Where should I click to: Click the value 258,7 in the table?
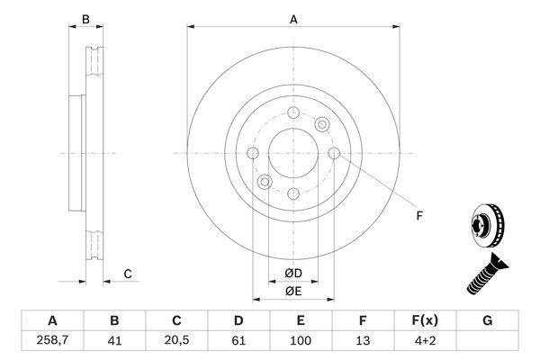tap(52, 340)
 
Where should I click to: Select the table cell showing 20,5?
tap(176, 340)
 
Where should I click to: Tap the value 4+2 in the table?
tap(425, 340)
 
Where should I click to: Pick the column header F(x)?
tap(425, 320)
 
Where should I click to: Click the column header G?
tap(487, 320)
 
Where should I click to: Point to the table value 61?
tap(238, 340)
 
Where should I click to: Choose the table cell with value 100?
tap(301, 340)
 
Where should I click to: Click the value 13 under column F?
tap(363, 340)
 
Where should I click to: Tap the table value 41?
tap(114, 340)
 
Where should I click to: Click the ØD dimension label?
tap(293, 274)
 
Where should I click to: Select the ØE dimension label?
tap(293, 292)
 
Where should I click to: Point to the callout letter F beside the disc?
tap(419, 216)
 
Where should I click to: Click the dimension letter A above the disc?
tap(293, 19)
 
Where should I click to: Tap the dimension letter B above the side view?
tap(85, 19)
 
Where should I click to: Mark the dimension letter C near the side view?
tap(128, 274)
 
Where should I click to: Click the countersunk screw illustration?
tap(487, 274)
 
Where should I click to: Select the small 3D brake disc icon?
tap(487, 226)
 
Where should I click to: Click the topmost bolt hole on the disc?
tap(293, 112)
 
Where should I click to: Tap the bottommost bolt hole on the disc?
tap(293, 193)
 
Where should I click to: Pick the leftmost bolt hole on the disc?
tap(253, 153)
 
